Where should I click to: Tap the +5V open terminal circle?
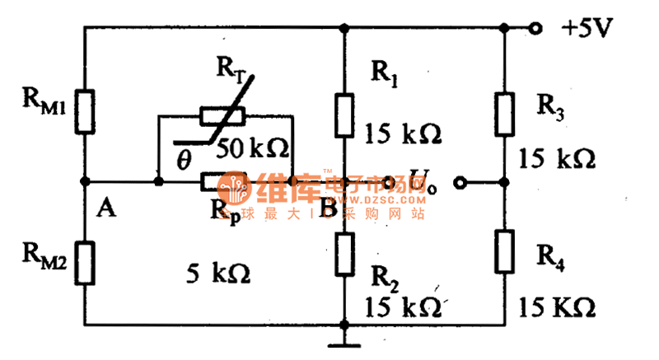pos(536,28)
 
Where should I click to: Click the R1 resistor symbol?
pos(344,115)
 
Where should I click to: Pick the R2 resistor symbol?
pos(344,254)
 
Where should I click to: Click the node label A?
pos(105,208)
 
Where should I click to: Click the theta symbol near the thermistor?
pos(183,155)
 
